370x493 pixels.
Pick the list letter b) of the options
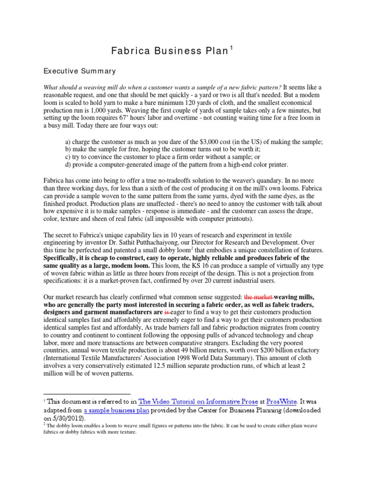coord(67,149)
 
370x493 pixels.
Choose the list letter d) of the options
coord(67,165)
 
